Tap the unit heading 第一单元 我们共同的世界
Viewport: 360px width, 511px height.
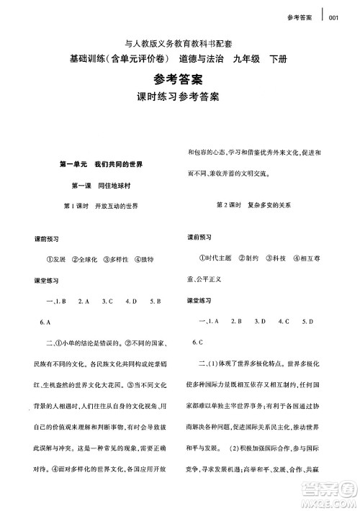coord(101,164)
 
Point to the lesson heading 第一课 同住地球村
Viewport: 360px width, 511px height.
coord(102,185)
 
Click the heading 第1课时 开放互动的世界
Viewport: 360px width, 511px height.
coord(101,206)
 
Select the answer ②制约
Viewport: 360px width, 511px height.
coord(250,257)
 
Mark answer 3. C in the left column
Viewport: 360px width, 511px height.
coord(107,301)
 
